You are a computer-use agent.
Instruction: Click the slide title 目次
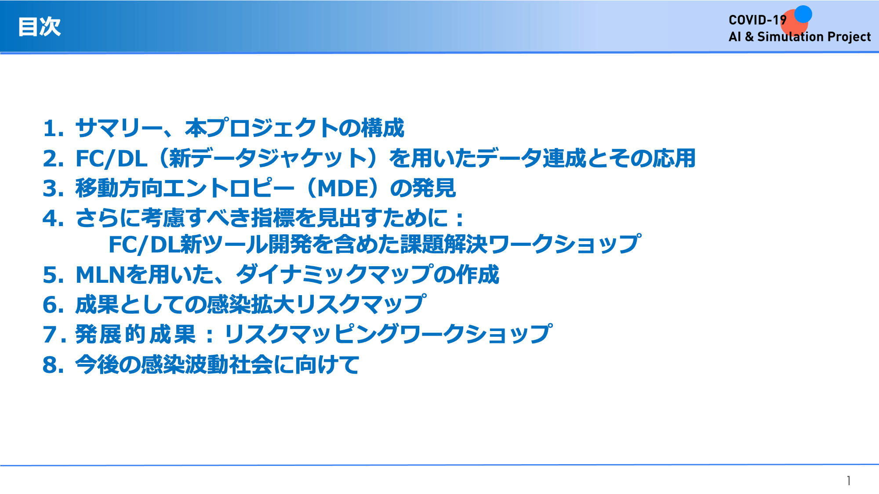click(x=39, y=27)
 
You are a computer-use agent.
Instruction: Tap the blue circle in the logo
click(x=803, y=14)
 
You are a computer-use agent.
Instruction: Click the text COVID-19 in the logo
click(x=757, y=20)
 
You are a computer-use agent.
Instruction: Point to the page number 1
click(x=849, y=481)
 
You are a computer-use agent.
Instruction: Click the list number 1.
click(x=53, y=129)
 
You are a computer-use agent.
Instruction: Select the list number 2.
click(x=53, y=159)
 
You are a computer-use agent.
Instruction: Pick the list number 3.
click(x=53, y=188)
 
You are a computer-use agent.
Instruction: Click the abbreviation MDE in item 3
click(x=342, y=188)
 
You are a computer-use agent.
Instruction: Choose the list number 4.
click(x=53, y=218)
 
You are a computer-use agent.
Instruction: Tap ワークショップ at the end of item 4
click(x=565, y=244)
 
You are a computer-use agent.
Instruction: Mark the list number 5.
click(x=53, y=275)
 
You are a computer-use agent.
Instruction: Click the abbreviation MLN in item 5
click(x=101, y=275)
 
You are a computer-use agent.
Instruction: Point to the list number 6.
click(x=53, y=305)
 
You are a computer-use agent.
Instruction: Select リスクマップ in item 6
click(x=360, y=304)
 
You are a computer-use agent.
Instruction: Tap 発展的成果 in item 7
click(x=135, y=334)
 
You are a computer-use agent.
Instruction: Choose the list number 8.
click(x=53, y=365)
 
